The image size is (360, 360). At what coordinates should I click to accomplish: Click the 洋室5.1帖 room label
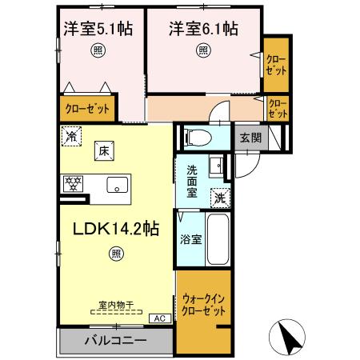pyautogui.click(x=98, y=30)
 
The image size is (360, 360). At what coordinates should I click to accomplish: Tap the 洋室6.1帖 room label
pyautogui.click(x=203, y=30)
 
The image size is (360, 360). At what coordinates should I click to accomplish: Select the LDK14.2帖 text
pyautogui.click(x=117, y=228)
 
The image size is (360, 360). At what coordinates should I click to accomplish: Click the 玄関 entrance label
pyautogui.click(x=250, y=137)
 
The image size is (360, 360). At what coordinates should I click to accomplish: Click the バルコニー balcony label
pyautogui.click(x=116, y=341)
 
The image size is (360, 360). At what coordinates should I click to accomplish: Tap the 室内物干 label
pyautogui.click(x=116, y=305)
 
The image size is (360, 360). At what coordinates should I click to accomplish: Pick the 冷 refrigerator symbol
pyautogui.click(x=73, y=136)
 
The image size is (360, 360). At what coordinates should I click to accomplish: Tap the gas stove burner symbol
pyautogui.click(x=74, y=184)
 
